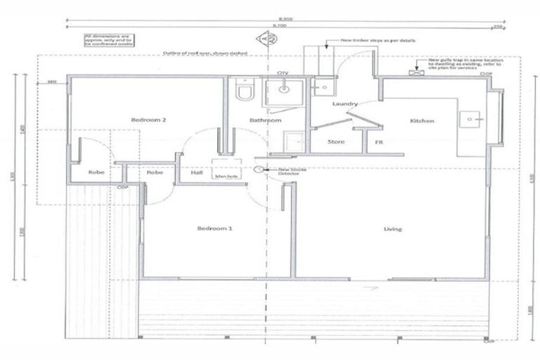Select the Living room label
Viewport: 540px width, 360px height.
(x=392, y=229)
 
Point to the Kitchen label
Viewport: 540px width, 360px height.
(x=422, y=121)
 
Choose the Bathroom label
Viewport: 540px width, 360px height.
(x=266, y=121)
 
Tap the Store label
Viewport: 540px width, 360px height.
(x=336, y=142)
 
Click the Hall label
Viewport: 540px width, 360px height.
(x=197, y=172)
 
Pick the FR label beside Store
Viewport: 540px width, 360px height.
(x=378, y=142)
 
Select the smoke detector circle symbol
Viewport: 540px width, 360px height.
(x=259, y=169)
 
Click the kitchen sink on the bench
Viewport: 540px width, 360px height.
(x=468, y=120)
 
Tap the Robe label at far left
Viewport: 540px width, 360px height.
(x=96, y=172)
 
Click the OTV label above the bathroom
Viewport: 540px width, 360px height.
(x=283, y=73)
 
